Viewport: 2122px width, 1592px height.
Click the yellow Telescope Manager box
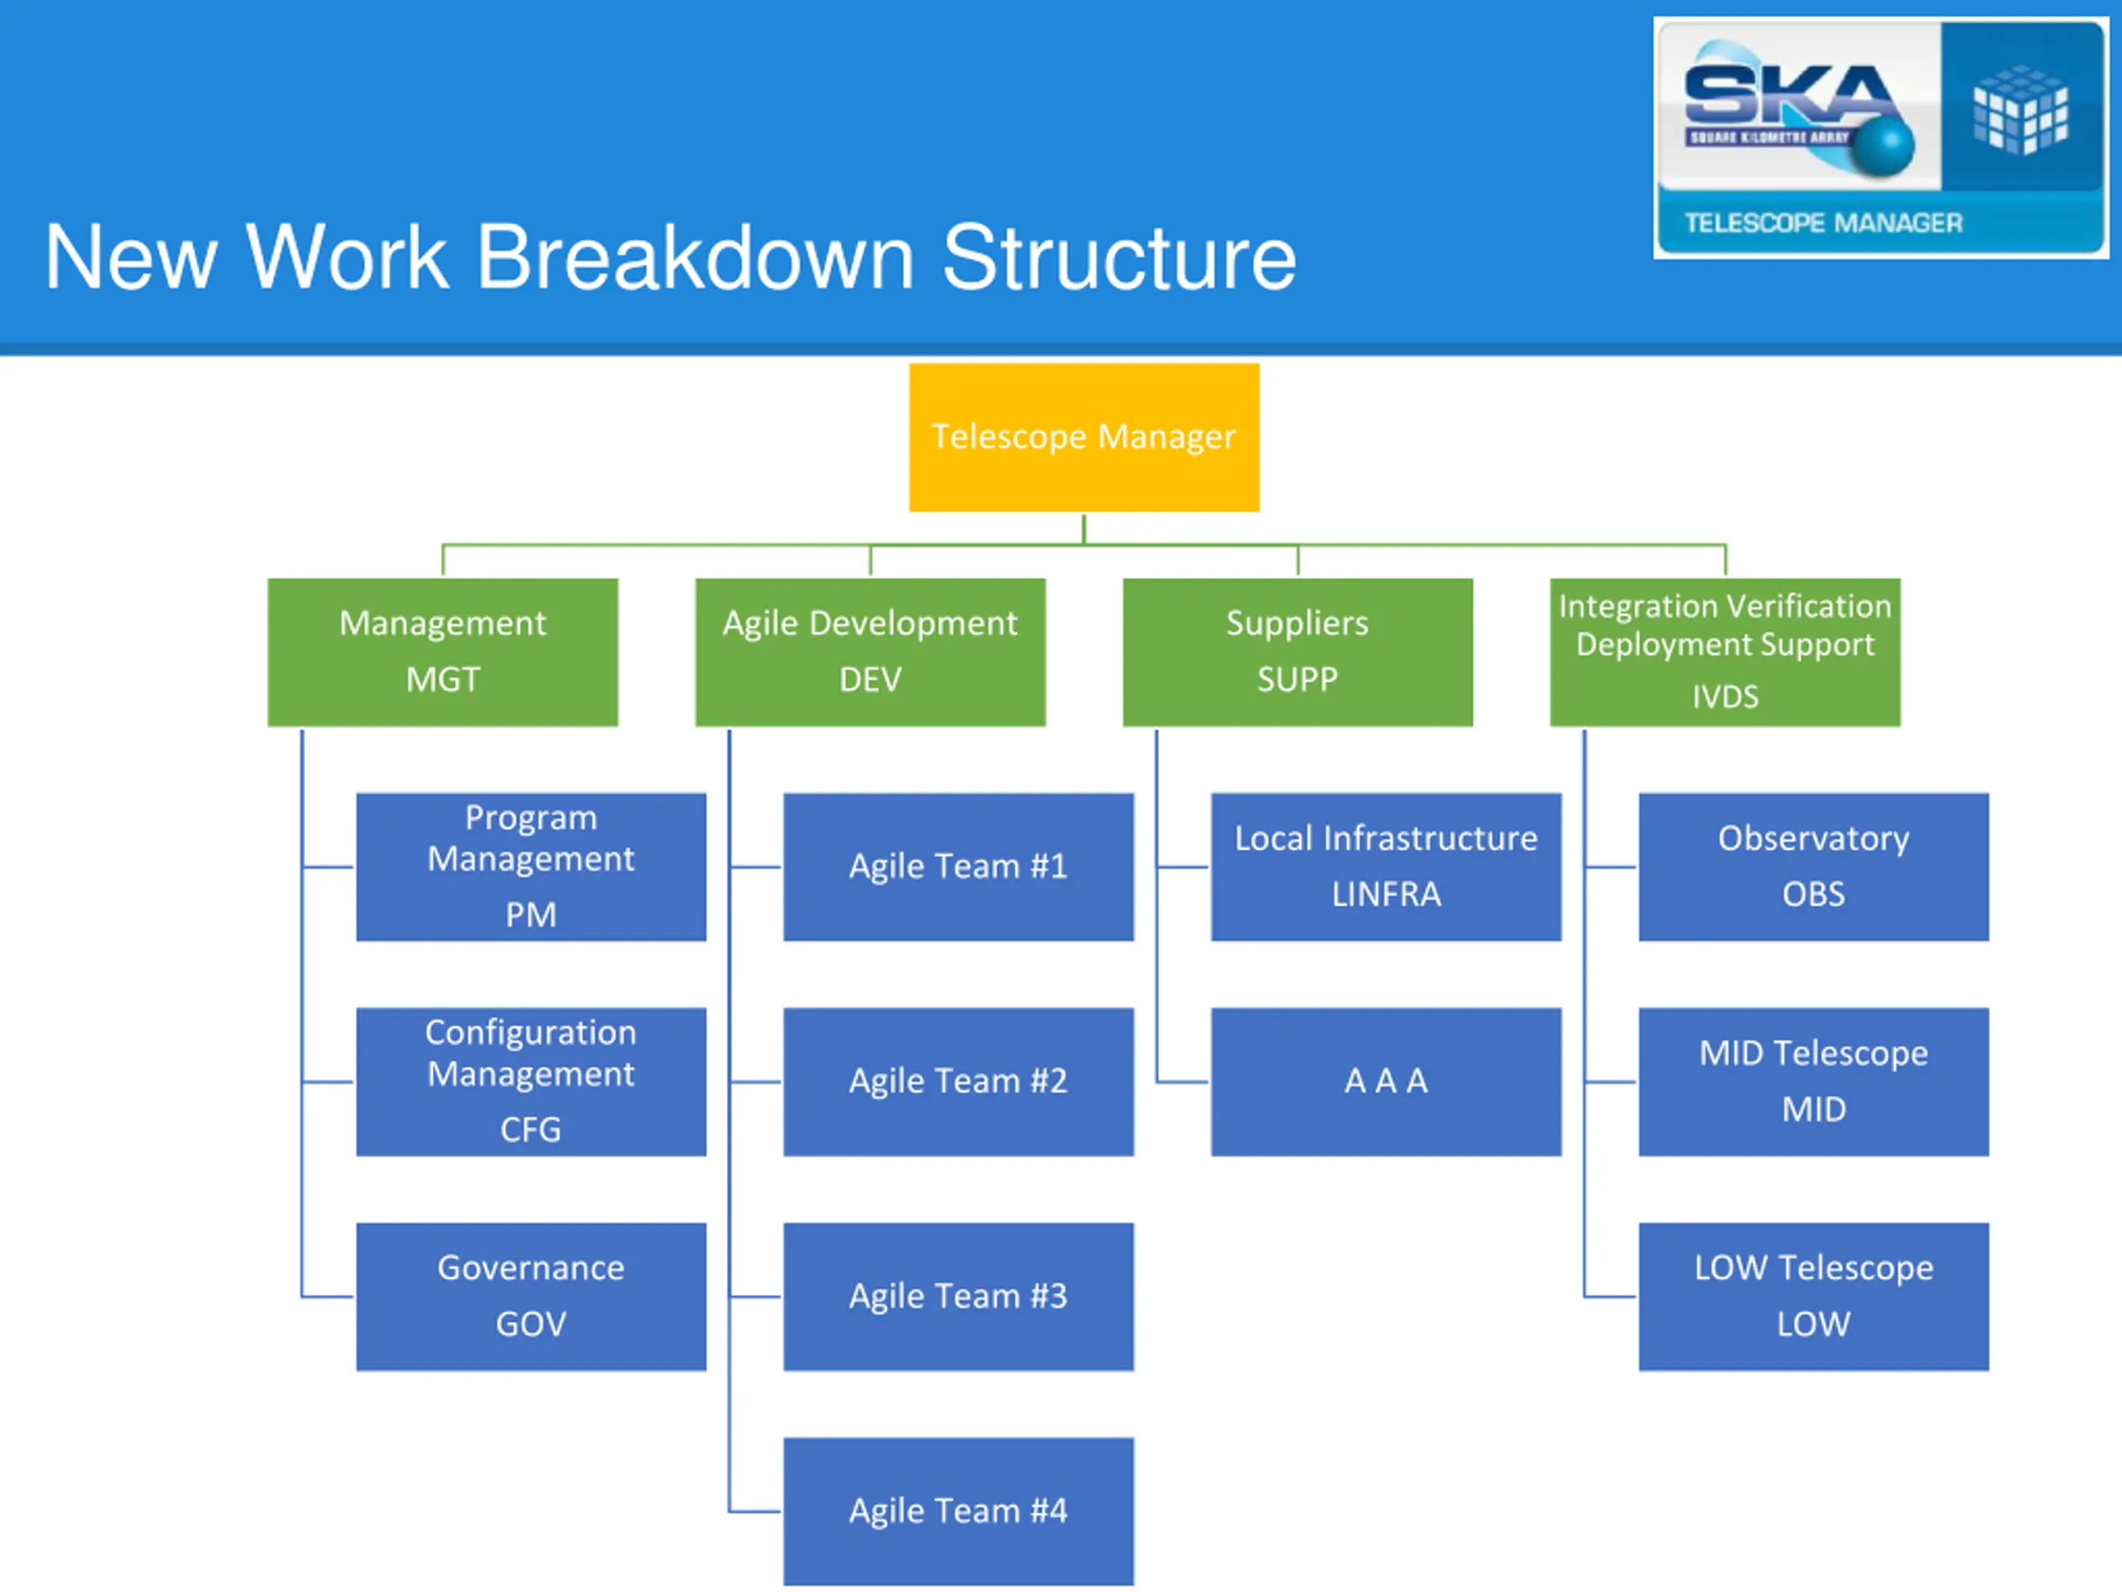point(1084,437)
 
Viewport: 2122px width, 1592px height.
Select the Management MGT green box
point(443,652)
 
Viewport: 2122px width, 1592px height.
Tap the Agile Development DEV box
point(870,652)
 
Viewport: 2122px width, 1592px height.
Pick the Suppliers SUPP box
point(1297,652)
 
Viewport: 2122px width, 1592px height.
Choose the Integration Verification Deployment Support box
point(1725,652)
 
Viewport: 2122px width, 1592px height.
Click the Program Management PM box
point(530,866)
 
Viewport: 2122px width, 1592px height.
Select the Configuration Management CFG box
point(530,1081)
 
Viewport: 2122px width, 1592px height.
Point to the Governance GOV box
point(530,1297)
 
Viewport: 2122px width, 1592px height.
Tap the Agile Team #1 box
point(958,866)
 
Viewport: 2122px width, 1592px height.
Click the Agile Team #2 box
point(958,1081)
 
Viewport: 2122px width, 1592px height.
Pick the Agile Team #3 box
point(958,1297)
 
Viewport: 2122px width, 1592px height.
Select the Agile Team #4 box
point(958,1512)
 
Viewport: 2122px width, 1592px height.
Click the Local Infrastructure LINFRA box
point(1386,866)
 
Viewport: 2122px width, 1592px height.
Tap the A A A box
point(1386,1081)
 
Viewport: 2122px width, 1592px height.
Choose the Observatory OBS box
point(1813,866)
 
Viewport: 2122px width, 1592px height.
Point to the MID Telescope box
point(1813,1081)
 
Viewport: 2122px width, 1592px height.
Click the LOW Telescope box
point(1813,1297)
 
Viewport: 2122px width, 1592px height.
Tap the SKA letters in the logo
point(1786,96)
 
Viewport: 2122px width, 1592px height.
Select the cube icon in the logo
point(2020,109)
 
